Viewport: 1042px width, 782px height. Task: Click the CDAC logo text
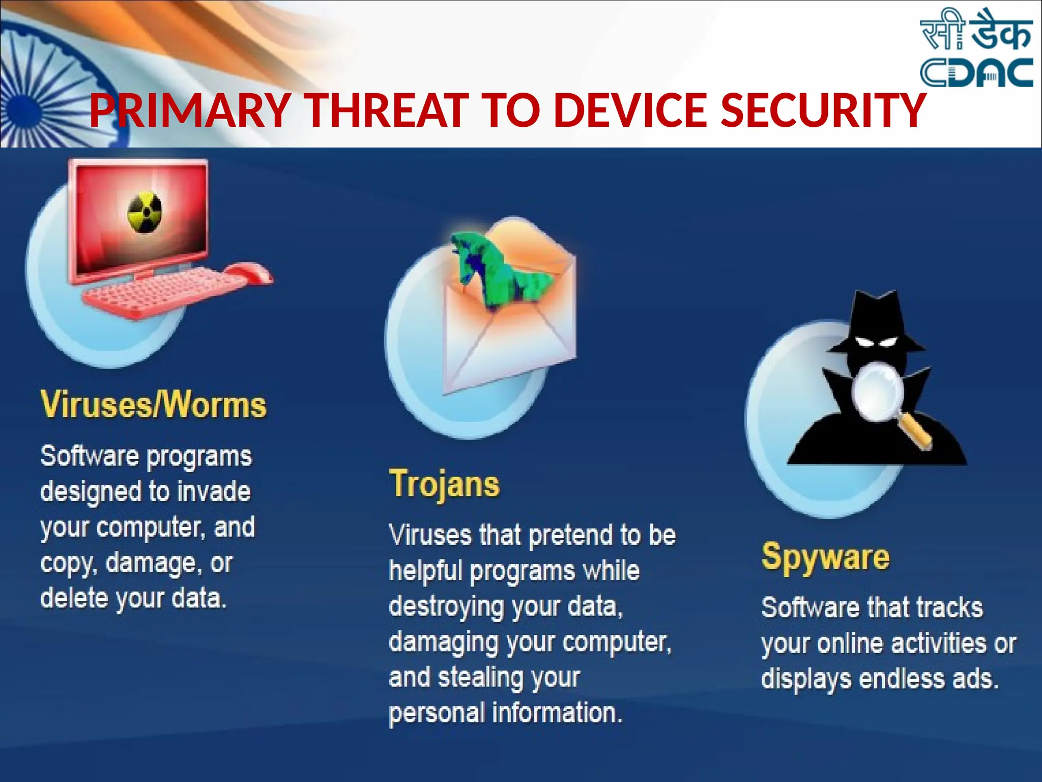pos(976,73)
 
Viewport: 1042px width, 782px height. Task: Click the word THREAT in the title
pos(387,110)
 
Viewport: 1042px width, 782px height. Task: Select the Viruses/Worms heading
pos(153,405)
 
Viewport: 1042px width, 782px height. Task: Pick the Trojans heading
pos(444,484)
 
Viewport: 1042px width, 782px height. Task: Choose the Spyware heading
pos(825,557)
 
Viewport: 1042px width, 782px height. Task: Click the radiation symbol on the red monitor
pos(144,212)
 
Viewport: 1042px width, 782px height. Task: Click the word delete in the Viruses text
pos(74,598)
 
